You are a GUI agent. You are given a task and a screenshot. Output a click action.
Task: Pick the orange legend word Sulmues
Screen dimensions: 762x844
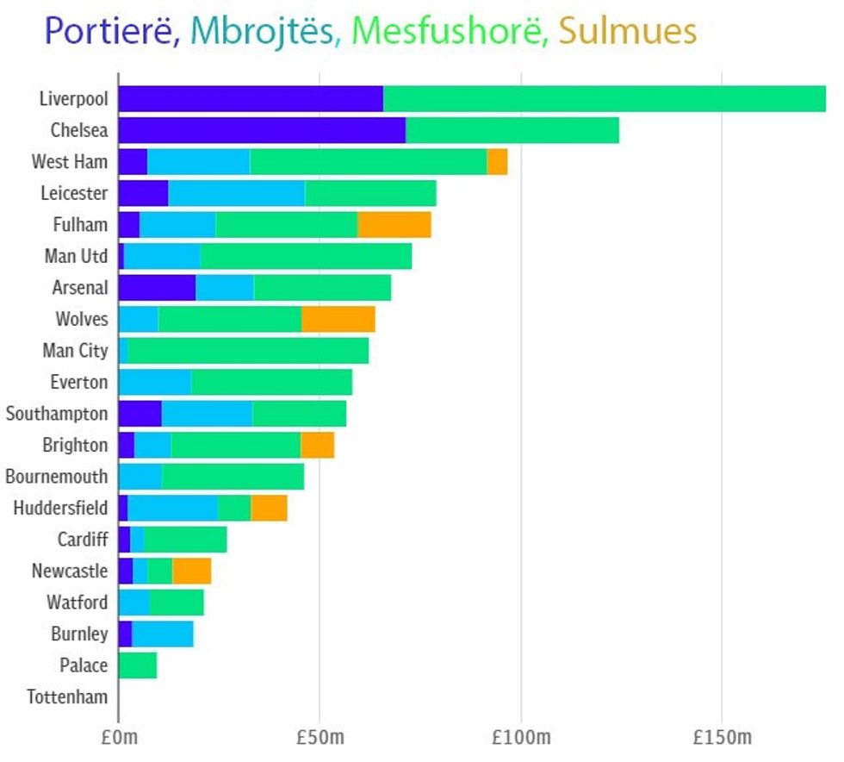tap(627, 32)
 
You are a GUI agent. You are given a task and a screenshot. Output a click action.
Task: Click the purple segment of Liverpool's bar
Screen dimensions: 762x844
tap(250, 98)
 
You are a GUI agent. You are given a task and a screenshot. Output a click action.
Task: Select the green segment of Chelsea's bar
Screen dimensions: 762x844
tap(512, 130)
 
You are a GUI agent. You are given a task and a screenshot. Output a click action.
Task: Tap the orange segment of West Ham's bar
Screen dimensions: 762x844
tap(497, 162)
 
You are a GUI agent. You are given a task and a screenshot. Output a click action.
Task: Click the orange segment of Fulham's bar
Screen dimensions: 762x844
tap(394, 225)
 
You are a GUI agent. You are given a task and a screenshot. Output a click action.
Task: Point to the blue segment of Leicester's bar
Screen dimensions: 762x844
tap(236, 193)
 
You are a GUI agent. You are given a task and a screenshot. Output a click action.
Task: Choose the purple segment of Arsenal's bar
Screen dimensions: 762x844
tap(157, 288)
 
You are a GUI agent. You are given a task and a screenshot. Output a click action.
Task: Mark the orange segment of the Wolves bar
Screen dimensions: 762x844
tap(338, 319)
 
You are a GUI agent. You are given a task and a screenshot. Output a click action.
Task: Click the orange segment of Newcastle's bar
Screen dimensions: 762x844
tap(191, 571)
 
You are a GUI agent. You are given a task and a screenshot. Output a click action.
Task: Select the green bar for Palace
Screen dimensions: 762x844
tap(138, 665)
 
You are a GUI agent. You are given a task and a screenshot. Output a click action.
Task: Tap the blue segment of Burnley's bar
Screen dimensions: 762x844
tap(162, 634)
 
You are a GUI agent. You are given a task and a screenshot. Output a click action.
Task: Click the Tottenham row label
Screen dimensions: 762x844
tap(67, 696)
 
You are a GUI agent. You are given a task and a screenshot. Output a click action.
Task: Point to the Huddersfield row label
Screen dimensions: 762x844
tap(60, 508)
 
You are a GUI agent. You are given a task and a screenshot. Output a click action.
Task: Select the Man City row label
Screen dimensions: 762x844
tap(75, 351)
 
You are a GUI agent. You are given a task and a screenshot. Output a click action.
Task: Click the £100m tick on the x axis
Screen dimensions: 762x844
tap(520, 738)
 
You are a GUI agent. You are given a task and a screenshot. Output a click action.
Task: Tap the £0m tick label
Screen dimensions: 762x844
tap(118, 738)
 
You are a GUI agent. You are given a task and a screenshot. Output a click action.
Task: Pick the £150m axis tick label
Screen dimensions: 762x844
tap(722, 738)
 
